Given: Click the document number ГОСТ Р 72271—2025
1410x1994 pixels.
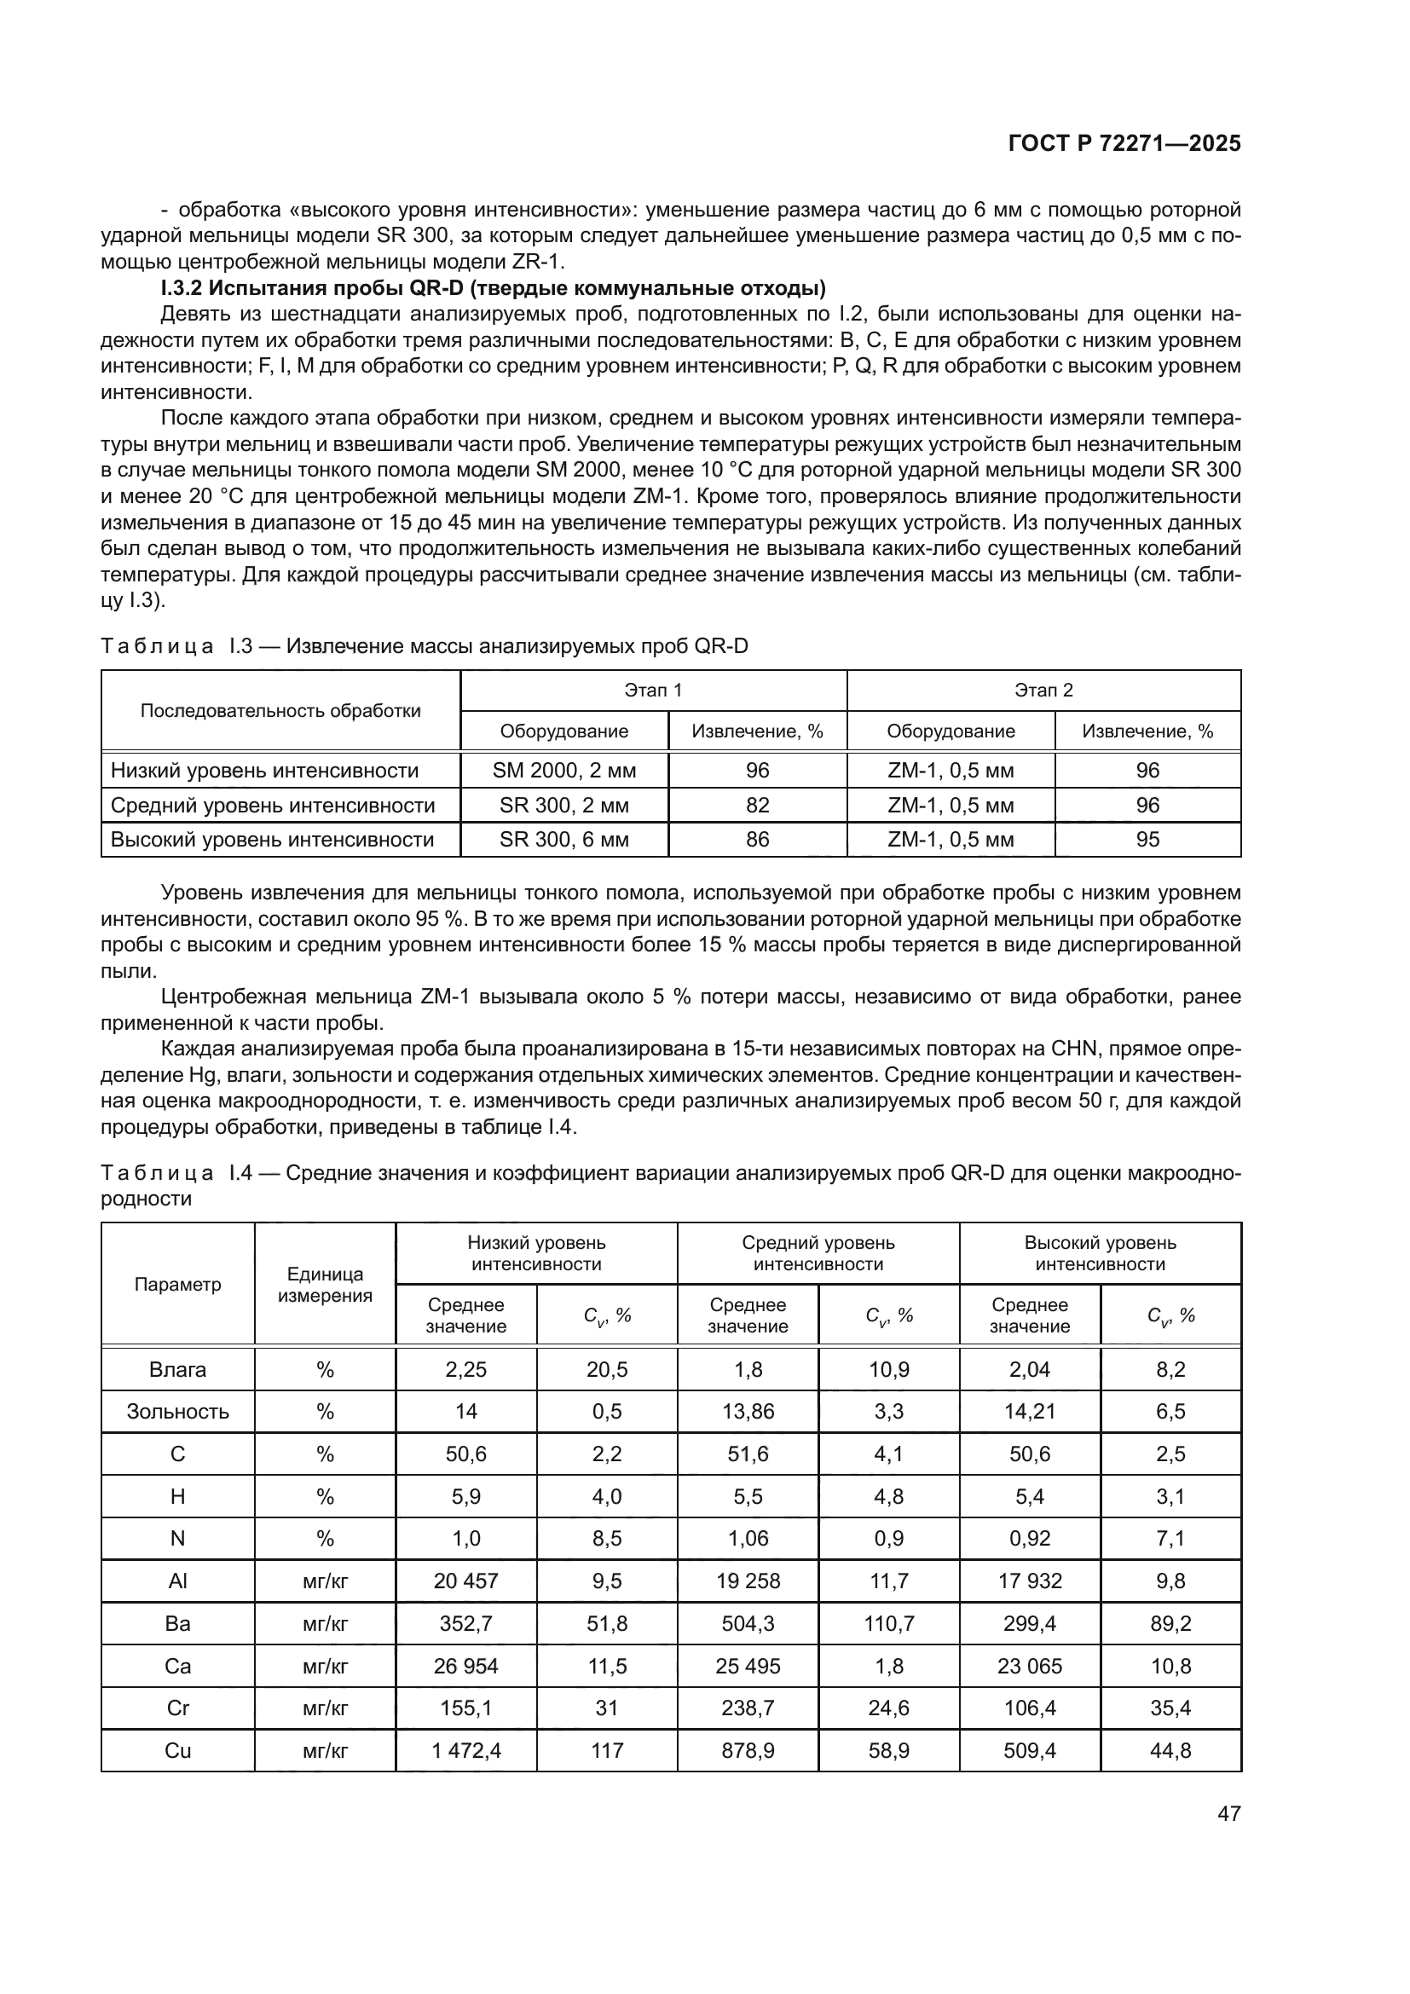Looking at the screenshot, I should [1124, 144].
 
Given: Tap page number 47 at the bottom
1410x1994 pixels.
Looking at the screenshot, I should [1228, 1813].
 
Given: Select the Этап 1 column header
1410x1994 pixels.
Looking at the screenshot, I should [653, 691].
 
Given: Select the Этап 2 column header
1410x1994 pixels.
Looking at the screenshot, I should [1043, 691].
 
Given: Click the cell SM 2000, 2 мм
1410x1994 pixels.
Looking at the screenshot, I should [563, 771].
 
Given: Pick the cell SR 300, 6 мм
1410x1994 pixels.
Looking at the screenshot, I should [563, 840].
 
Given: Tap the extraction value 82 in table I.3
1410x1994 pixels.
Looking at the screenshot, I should [757, 805].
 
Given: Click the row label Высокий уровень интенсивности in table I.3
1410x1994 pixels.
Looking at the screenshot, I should [272, 840].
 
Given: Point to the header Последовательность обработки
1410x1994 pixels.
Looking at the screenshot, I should [280, 710].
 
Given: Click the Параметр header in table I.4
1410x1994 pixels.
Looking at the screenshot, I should [177, 1285].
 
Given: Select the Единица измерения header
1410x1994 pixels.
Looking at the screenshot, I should [325, 1286].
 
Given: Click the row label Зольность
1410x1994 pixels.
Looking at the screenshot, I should [177, 1411].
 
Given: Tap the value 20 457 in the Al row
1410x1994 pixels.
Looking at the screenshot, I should [466, 1581].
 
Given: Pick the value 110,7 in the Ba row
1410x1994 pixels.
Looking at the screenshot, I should [888, 1623].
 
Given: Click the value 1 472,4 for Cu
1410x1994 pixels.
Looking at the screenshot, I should [466, 1750].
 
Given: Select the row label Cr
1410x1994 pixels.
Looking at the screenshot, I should [177, 1708].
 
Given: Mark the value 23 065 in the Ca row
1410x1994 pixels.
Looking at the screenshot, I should [1030, 1666].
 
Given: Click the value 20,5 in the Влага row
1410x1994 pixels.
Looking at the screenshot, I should [606, 1370].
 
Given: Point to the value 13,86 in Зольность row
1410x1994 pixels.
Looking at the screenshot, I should [748, 1411].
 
